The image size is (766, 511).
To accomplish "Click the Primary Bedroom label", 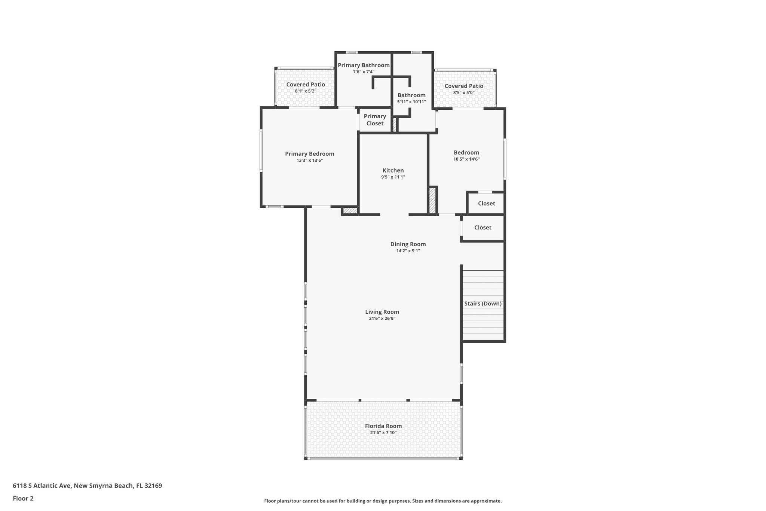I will pos(309,154).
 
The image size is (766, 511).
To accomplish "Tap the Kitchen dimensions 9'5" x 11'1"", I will pos(393,177).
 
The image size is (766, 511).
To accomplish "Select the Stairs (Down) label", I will pos(482,304).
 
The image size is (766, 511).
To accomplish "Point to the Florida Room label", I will pos(383,426).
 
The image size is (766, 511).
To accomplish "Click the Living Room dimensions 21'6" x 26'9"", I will pos(382,319).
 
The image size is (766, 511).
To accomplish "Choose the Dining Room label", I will pos(408,244).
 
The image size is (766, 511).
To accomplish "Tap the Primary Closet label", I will pos(375,120).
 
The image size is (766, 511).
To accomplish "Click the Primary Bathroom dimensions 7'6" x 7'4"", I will pos(363,72).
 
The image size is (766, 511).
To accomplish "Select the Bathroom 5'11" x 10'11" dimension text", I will pos(411,102).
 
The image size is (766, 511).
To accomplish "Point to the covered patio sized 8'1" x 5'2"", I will pos(305,88).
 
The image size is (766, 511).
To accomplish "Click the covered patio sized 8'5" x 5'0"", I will pos(463,89).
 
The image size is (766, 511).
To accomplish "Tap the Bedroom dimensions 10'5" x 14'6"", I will pos(466,159).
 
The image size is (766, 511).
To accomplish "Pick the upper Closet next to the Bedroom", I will pos(486,203).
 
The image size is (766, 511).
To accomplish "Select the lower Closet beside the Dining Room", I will pos(482,228).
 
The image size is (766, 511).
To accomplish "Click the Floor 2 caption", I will pos(23,499).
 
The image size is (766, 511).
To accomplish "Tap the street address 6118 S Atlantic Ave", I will pos(42,486).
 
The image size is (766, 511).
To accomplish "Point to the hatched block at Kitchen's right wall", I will pos(432,201).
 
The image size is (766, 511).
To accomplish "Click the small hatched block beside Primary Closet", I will pos(394,124).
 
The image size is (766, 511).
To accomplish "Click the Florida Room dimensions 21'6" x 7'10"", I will pos(383,433).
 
